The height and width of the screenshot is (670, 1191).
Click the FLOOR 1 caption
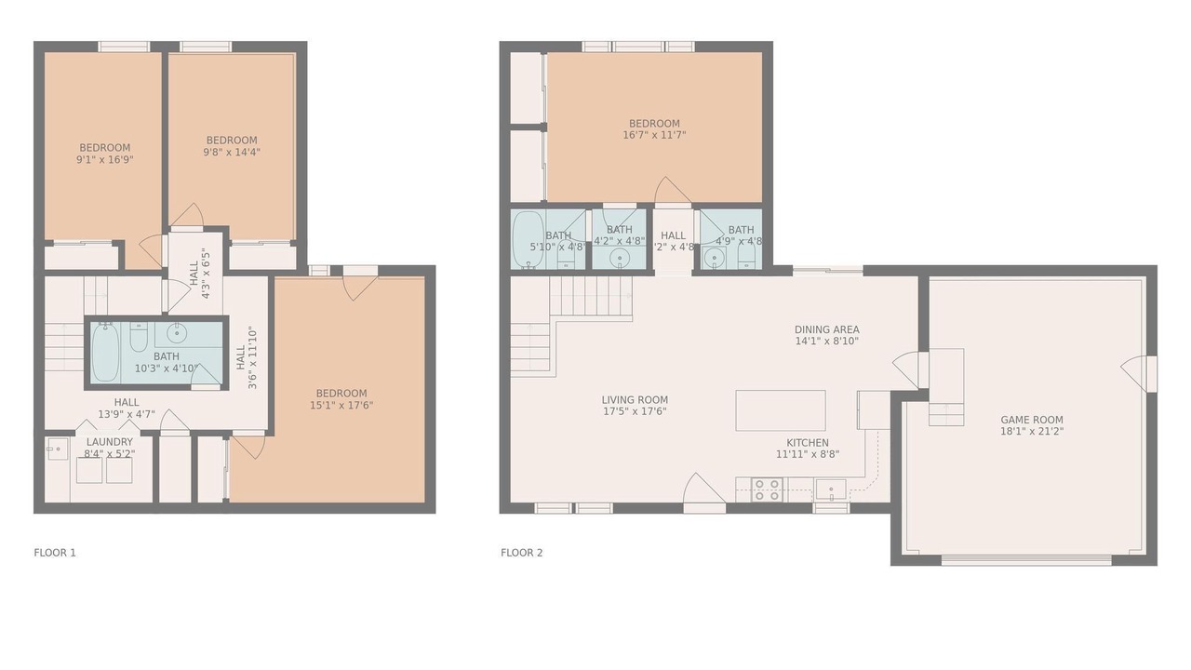pyautogui.click(x=55, y=553)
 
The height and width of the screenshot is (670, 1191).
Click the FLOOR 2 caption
pyautogui.click(x=522, y=553)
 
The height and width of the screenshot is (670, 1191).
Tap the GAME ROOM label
pyautogui.click(x=1032, y=420)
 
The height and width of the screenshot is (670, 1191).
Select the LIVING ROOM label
pyautogui.click(x=635, y=400)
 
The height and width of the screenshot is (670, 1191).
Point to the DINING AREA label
pyautogui.click(x=827, y=329)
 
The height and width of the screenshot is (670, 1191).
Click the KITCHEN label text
pyautogui.click(x=808, y=443)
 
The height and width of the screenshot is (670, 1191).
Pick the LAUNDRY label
pyautogui.click(x=110, y=442)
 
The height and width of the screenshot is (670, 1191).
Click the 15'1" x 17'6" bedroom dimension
pyautogui.click(x=341, y=405)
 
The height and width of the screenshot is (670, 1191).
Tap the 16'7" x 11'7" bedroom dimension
pyautogui.click(x=654, y=135)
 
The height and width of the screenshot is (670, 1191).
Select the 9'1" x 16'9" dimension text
pyautogui.click(x=105, y=159)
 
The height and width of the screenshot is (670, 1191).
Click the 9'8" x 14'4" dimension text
pyautogui.click(x=232, y=152)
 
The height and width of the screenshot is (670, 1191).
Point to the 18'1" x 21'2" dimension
pyautogui.click(x=1032, y=431)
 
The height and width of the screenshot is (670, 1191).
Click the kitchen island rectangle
pyautogui.click(x=781, y=410)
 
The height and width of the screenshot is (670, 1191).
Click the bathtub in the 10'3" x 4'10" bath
pyautogui.click(x=105, y=352)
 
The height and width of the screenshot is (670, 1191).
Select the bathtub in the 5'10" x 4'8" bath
pyautogui.click(x=528, y=239)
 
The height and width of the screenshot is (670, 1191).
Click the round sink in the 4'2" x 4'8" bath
pyautogui.click(x=620, y=259)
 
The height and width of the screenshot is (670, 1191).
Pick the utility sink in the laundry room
pyautogui.click(x=57, y=449)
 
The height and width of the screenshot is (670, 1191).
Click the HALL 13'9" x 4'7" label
pyautogui.click(x=127, y=409)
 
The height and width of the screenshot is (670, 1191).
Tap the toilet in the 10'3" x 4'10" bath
pyautogui.click(x=139, y=337)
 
